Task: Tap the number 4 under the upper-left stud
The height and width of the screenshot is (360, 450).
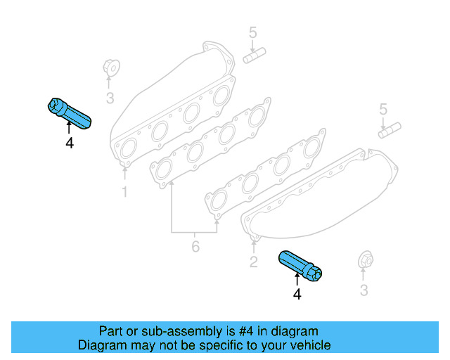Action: pyautogui.click(x=69, y=143)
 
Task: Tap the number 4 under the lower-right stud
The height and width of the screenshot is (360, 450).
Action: pyautogui.click(x=297, y=295)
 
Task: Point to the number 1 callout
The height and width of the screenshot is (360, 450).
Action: pyautogui.click(x=124, y=191)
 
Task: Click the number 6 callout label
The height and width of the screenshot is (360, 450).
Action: pyautogui.click(x=195, y=247)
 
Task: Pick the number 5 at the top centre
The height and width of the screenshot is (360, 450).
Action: pyautogui.click(x=253, y=32)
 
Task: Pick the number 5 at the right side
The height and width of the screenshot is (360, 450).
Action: pyautogui.click(x=383, y=109)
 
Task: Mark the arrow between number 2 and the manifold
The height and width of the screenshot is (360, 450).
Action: pyautogui.click(x=253, y=245)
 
